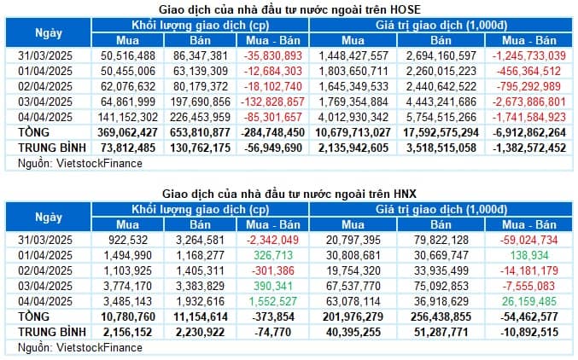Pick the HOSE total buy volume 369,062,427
pos(129,131)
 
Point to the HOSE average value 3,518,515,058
pos(441,148)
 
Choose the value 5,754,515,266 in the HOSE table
pos(441,115)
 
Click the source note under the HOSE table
pos(59,162)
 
